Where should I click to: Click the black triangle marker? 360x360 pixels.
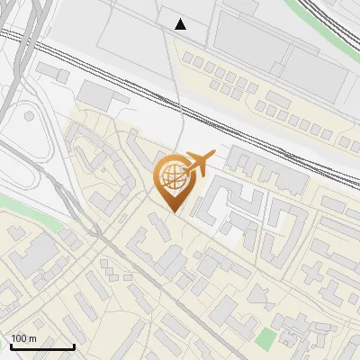pyautogui.click(x=181, y=24)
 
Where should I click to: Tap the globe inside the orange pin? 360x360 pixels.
pyautogui.click(x=172, y=176)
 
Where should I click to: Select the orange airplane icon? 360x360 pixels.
pyautogui.click(x=199, y=163)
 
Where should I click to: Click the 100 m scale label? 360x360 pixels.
pyautogui.click(x=23, y=337)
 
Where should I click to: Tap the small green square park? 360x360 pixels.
pyautogui.click(x=265, y=340)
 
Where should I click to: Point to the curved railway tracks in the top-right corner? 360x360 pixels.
pyautogui.click(x=337, y=27)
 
